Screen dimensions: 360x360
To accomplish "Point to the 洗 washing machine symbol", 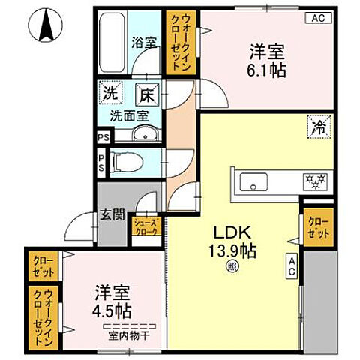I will click(109, 95).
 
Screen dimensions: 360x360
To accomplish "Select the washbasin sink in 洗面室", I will click(143, 135).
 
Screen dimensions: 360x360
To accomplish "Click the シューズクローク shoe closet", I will click(145, 227).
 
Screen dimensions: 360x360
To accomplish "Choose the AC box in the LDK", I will click(290, 267).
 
